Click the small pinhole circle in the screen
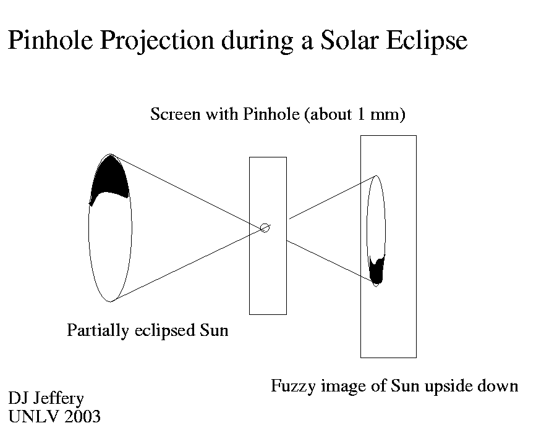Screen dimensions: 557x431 coord(265,228)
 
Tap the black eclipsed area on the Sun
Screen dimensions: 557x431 coord(110,177)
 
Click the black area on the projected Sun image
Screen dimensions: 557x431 coord(376,270)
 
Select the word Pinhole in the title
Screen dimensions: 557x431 coord(51,40)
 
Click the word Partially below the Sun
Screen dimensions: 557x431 coord(98,330)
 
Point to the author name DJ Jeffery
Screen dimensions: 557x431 coord(46,398)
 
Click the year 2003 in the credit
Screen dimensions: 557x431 coord(83,416)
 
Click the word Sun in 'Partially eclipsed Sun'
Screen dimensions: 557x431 coord(214,330)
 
